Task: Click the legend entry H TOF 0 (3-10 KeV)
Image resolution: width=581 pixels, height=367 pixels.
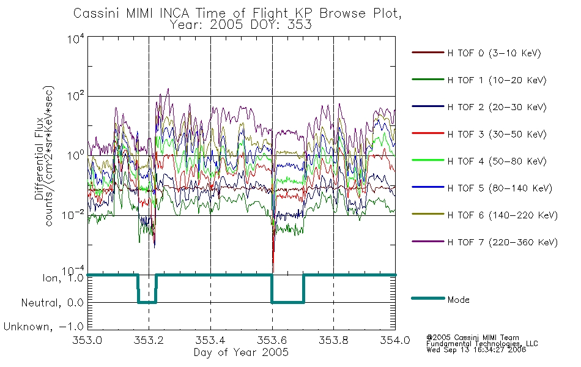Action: pyautogui.click(x=494, y=53)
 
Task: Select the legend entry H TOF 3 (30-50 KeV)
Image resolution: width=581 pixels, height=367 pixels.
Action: pyautogui.click(x=497, y=134)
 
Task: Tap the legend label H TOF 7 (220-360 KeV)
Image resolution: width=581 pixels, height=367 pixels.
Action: pyautogui.click(x=503, y=242)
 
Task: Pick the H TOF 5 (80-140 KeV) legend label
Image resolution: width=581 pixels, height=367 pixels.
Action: pyautogui.click(x=500, y=188)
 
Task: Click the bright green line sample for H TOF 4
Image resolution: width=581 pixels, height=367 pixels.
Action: pyautogui.click(x=427, y=160)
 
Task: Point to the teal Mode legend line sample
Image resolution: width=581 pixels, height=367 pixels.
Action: pyautogui.click(x=427, y=298)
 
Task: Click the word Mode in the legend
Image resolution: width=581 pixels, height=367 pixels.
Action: pyautogui.click(x=458, y=300)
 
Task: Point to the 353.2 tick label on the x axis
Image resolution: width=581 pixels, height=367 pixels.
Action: pyautogui.click(x=149, y=340)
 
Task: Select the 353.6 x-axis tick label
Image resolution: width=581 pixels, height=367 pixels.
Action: pyautogui.click(x=272, y=340)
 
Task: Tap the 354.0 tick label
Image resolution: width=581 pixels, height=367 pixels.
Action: pyautogui.click(x=395, y=340)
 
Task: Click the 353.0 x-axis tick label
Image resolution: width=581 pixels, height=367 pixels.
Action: pyautogui.click(x=87, y=340)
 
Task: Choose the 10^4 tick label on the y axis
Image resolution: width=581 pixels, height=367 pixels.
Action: pyautogui.click(x=76, y=39)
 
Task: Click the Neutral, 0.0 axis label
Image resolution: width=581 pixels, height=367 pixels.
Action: pyautogui.click(x=52, y=303)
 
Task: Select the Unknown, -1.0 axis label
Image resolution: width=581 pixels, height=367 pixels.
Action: pyautogui.click(x=43, y=327)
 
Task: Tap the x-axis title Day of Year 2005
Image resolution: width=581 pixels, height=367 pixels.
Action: pyautogui.click(x=241, y=352)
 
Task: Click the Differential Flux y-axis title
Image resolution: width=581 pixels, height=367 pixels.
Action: pyautogui.click(x=39, y=158)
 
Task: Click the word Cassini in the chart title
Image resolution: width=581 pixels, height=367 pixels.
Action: pyautogui.click(x=97, y=13)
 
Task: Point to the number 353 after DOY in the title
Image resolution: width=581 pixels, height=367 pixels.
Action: pyautogui.click(x=299, y=24)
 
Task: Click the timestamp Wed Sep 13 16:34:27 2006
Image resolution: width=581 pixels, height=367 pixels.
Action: pyautogui.click(x=476, y=349)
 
